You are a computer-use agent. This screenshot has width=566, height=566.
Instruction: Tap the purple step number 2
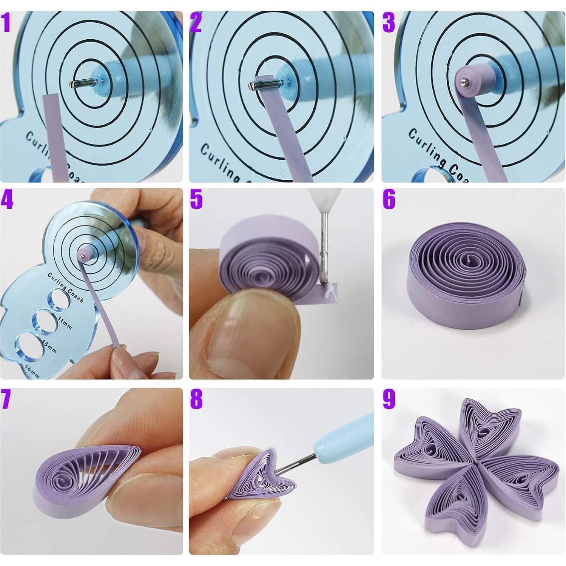(196, 23)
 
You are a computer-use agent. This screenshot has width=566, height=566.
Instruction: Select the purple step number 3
(389, 23)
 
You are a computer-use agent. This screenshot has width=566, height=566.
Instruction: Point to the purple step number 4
(7, 200)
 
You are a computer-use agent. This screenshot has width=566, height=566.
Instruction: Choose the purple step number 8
(196, 399)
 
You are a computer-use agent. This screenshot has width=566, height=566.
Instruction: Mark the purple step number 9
(389, 399)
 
